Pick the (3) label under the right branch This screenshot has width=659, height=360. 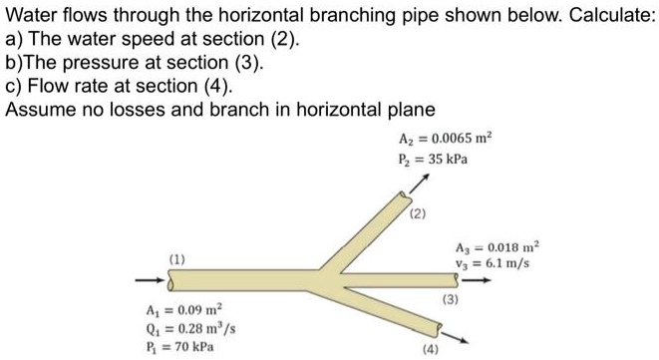click(x=451, y=298)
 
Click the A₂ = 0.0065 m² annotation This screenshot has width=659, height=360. click(x=431, y=139)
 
